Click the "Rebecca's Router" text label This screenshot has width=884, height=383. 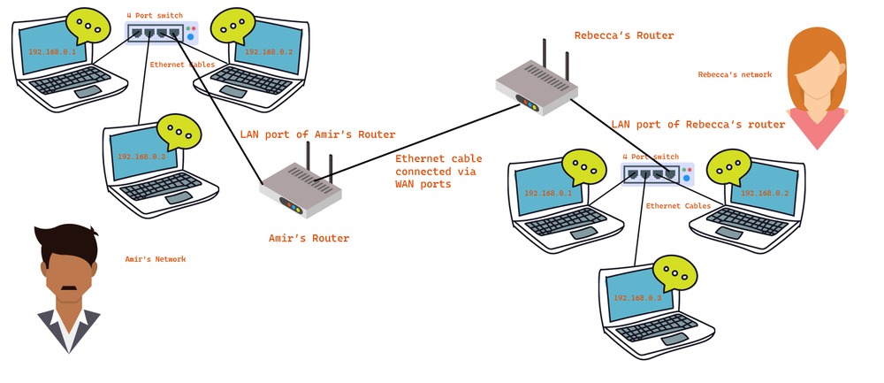pos(624,35)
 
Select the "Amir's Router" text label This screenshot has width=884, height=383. pos(309,238)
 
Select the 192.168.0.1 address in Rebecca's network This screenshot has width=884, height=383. pos(548,193)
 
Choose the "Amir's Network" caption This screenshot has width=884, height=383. pos(156,259)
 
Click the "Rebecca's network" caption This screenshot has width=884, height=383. pos(735,75)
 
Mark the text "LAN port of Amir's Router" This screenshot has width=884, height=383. pos(317,134)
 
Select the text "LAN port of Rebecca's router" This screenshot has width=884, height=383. pos(697,125)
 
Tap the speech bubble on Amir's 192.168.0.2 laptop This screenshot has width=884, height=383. pos(234,26)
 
